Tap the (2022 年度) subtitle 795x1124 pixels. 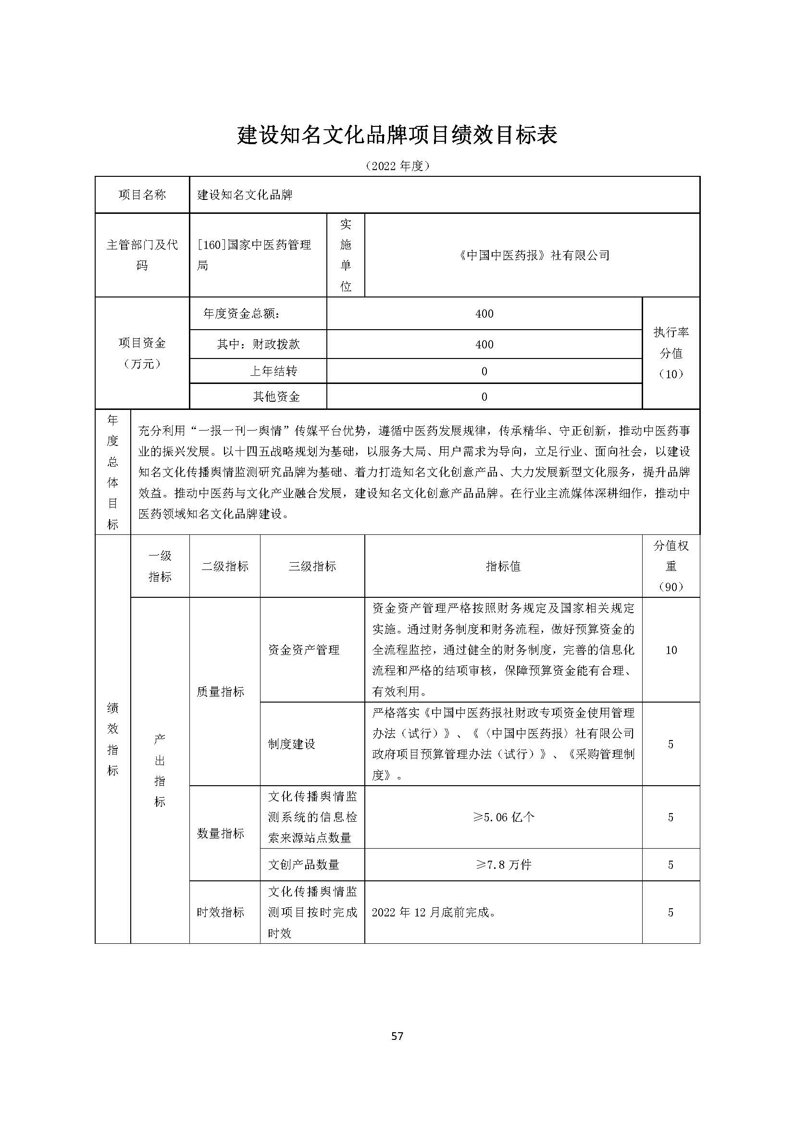tap(397, 166)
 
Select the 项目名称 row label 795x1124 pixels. tap(142, 195)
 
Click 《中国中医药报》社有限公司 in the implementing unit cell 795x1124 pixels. tap(533, 255)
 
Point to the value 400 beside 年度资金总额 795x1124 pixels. tap(484, 314)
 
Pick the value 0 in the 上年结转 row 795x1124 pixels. tap(484, 371)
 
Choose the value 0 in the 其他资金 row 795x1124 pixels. tap(484, 397)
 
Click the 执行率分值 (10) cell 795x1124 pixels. tap(671, 353)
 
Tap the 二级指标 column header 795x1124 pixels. tap(224, 567)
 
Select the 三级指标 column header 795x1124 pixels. tap(312, 567)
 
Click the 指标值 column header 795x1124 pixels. tap(503, 567)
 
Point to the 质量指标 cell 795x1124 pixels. tap(220, 692)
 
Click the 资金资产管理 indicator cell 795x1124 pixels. tap(303, 650)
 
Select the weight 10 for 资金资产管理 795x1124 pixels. tap(671, 650)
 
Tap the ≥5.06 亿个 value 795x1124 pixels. tap(503, 817)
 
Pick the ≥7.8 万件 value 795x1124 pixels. tap(503, 865)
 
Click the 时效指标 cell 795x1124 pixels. tap(220, 912)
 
